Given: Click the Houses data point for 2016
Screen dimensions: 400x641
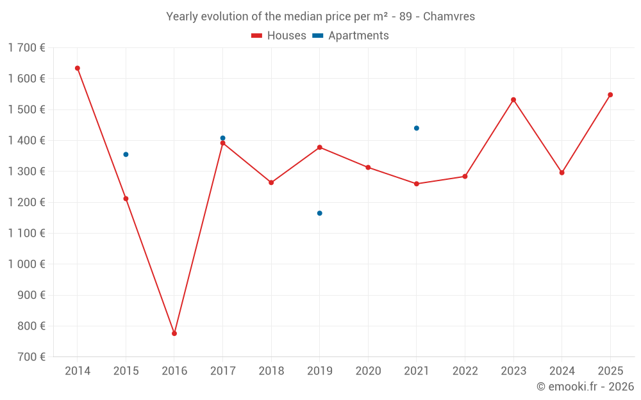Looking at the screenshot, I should click(x=174, y=333).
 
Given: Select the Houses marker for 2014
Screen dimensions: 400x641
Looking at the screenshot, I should click(x=78, y=68).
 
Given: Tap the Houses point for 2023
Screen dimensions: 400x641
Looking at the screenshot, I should click(x=513, y=100).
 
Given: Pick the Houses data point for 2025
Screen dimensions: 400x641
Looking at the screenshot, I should click(x=610, y=95).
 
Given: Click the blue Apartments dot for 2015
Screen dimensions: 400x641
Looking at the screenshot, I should click(x=126, y=154).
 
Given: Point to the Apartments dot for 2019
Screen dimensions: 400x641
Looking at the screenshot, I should click(x=320, y=213).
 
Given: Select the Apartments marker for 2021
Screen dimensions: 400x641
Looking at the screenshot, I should click(x=417, y=128).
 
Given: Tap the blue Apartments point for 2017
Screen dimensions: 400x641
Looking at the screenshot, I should click(x=223, y=138).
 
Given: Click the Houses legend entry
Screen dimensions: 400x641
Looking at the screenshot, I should click(x=279, y=36).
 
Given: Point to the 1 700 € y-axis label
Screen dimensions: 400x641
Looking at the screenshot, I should click(x=27, y=47).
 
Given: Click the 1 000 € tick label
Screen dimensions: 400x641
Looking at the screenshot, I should click(x=27, y=264).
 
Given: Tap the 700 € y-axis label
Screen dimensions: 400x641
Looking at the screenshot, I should click(x=31, y=357).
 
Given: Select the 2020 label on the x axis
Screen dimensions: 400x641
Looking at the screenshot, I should click(x=368, y=371).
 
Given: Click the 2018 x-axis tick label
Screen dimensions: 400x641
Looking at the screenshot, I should click(x=271, y=371).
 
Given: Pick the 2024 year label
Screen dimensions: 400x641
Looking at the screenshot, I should click(x=562, y=371).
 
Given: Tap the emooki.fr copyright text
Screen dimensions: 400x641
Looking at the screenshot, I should click(x=585, y=387).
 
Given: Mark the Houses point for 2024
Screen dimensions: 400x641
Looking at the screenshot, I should click(x=562, y=173).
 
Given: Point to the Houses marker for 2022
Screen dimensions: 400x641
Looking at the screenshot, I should click(x=465, y=177).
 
